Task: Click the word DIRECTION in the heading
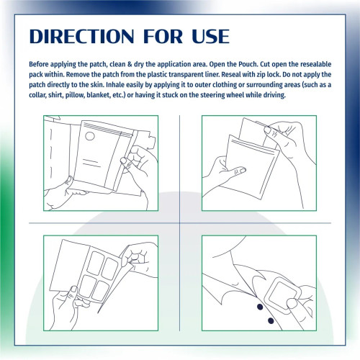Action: [x=81, y=37]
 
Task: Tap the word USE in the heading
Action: [x=210, y=37]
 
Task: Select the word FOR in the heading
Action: [x=163, y=37]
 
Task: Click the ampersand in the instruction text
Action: [x=130, y=64]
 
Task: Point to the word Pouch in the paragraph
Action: [x=248, y=64]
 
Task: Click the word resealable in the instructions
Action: [x=315, y=64]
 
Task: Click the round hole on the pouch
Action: [x=90, y=136]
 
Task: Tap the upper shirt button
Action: [x=260, y=307]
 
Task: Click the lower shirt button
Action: [x=271, y=320]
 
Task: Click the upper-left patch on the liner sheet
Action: [x=96, y=263]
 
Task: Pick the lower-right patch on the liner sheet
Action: [x=101, y=291]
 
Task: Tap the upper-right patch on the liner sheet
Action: [x=110, y=269]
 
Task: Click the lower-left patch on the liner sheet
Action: [x=87, y=286]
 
